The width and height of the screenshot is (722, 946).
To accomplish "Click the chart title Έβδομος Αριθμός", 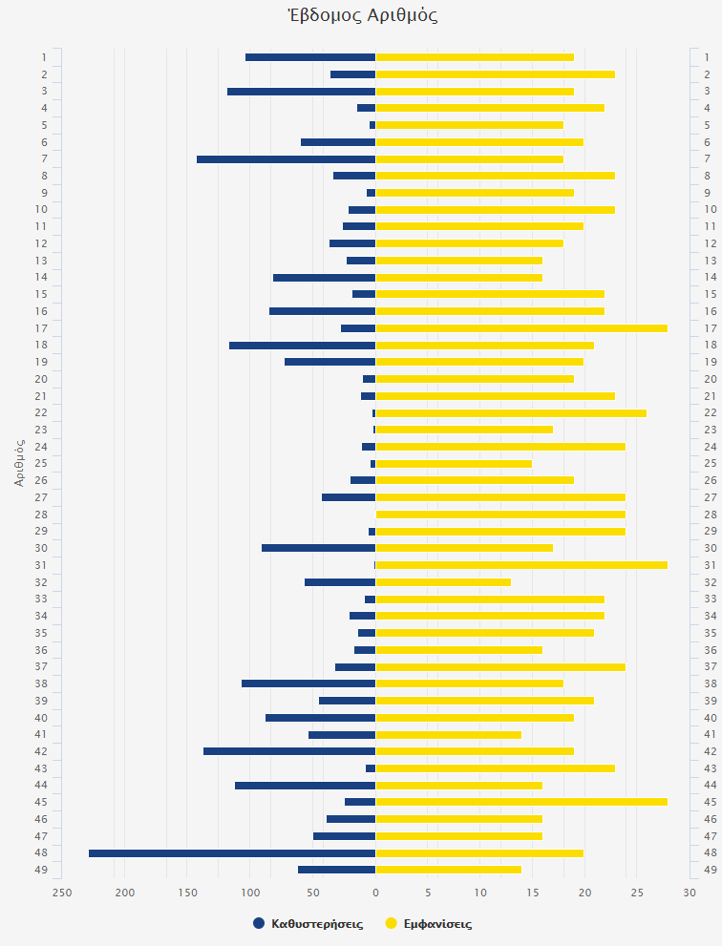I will point(362,15).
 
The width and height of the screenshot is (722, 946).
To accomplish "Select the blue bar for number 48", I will point(232,852).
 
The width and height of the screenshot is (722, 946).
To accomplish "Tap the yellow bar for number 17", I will point(521,328).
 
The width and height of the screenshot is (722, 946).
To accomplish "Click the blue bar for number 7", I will point(286,159).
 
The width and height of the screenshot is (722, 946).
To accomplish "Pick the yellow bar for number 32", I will point(443,581).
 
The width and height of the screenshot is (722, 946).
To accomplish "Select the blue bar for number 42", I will point(289,751).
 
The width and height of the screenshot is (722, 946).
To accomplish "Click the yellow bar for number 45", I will point(521,802).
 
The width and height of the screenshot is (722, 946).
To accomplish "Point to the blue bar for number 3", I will point(301,92).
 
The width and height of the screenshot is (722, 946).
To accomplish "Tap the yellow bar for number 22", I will point(511,412).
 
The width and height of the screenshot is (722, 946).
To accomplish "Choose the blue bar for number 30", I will point(318,548).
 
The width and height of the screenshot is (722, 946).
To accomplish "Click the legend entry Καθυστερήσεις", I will point(308,924).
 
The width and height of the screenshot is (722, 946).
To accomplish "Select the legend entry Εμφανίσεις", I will point(428,924).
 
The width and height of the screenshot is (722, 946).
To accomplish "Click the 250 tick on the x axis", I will point(62,893).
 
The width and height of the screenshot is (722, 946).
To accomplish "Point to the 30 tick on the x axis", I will point(690,893).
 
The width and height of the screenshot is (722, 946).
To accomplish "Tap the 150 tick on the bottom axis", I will point(187,893).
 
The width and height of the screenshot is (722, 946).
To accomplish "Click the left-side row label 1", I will point(44,57).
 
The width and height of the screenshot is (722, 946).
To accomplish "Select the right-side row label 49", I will point(710,870).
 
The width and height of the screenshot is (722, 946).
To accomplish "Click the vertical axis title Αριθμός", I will point(19,463).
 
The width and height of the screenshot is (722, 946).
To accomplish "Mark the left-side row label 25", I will point(42,463).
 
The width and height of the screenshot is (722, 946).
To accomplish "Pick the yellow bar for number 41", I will point(448,734).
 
